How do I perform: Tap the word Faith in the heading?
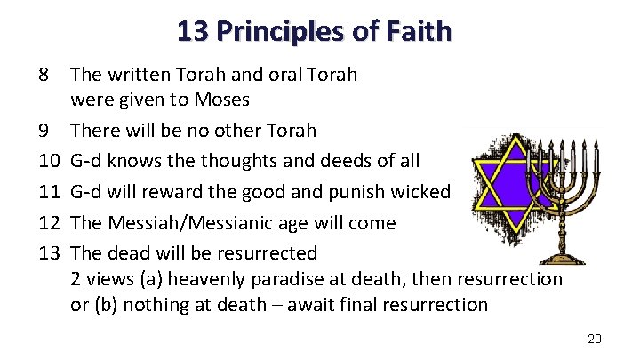(x=420, y=32)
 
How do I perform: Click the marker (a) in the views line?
(x=154, y=279)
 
